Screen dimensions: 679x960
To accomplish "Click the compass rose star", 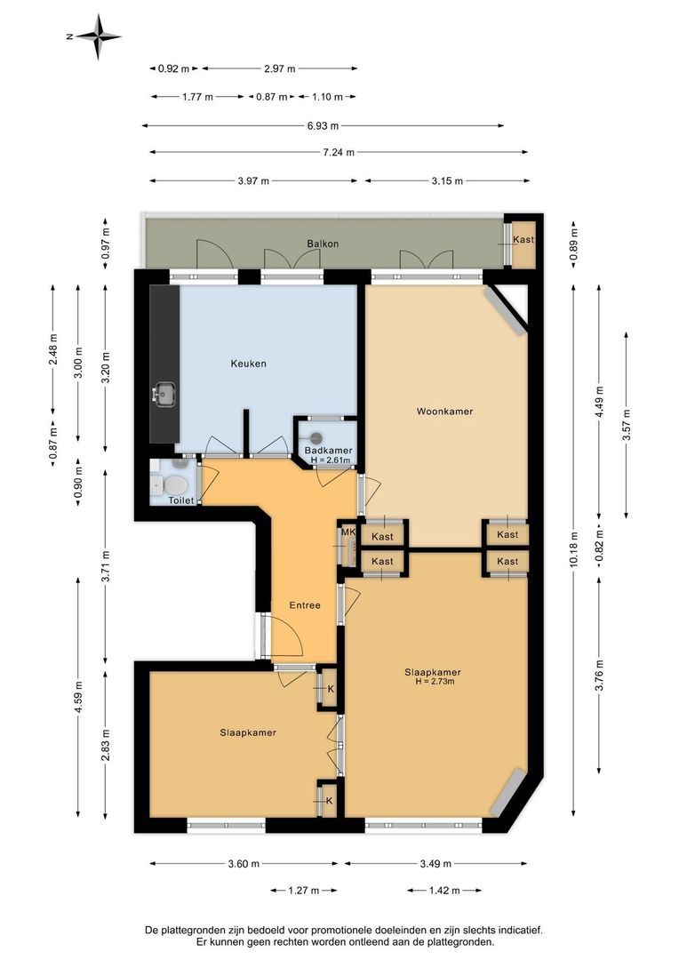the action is [99, 36].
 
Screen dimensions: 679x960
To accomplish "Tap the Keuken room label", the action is [249, 364].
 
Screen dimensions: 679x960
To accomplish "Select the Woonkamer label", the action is [445, 412].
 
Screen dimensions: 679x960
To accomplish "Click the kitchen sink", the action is [164, 395].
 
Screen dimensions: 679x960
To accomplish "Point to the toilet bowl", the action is [176, 485].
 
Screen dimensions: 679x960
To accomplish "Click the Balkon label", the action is [323, 244].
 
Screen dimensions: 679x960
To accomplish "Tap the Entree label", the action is [305, 605].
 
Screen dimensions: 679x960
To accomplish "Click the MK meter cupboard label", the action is [348, 532].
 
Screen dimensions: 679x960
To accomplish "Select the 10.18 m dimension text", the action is [573, 550].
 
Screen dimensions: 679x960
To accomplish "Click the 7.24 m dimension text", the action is [339, 153].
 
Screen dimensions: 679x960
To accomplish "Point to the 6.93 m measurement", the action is [323, 126].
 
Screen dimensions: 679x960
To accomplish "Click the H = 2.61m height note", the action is [331, 460].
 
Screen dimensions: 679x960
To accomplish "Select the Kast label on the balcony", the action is [523, 239].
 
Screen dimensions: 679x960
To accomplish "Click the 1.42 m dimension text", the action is [443, 891].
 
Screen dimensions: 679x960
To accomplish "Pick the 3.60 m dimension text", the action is [244, 864].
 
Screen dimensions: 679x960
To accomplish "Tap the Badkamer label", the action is [329, 452].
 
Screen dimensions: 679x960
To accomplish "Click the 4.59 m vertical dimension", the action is [78, 698].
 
